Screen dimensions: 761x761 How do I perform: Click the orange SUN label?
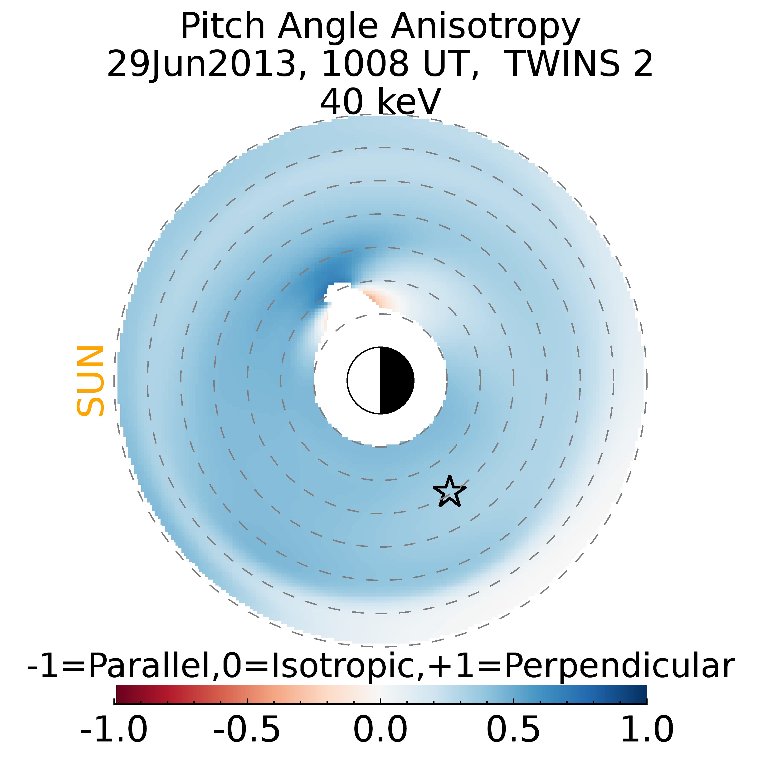[x=91, y=381]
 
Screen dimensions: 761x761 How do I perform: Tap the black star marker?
[x=449, y=492]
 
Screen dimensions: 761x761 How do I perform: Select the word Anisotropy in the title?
[x=485, y=27]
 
